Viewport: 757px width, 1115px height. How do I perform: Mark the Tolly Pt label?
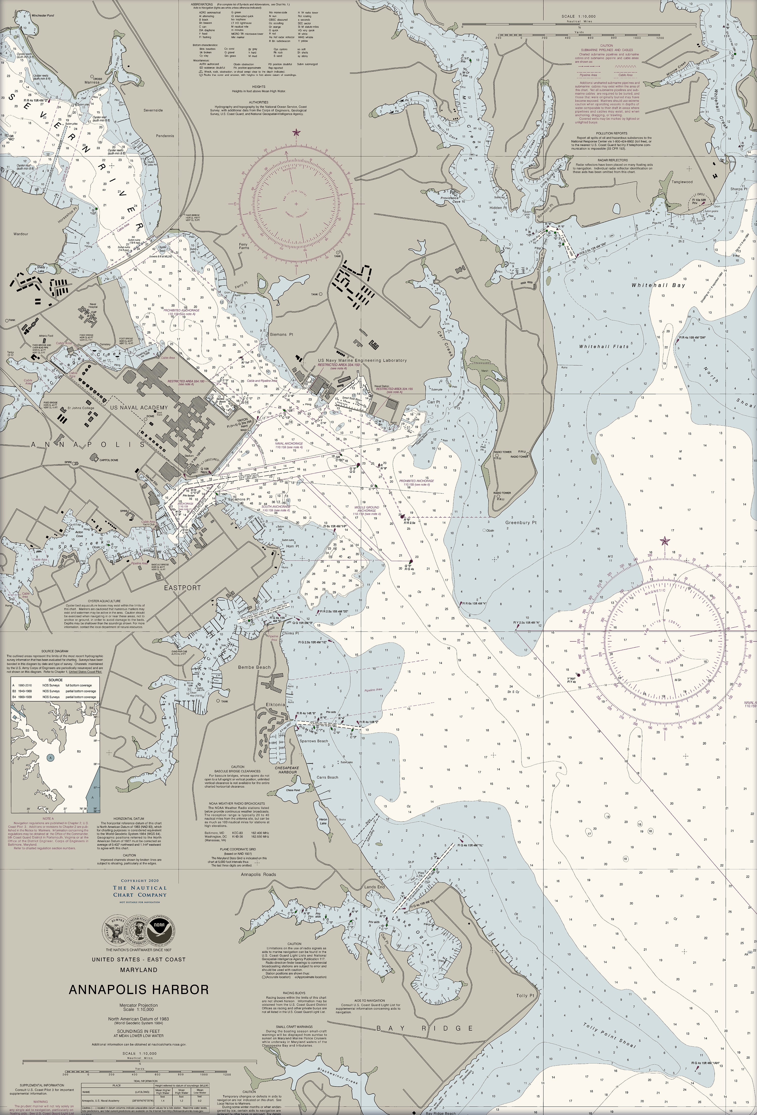(525, 995)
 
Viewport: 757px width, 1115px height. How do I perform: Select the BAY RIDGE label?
(425, 1028)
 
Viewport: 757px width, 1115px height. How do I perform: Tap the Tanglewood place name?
(682, 182)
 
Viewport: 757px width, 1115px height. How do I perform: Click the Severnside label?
(153, 110)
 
